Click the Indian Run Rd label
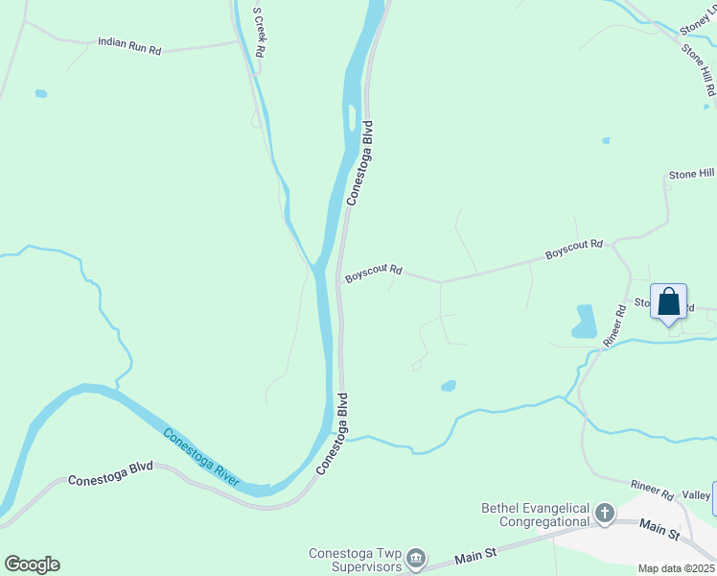tap(128, 45)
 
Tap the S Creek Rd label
tap(258, 34)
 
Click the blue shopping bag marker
tap(668, 303)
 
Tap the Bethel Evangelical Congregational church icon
tap(605, 515)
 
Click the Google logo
tap(32, 564)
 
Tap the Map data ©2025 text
tap(675, 568)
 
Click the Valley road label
tap(700, 495)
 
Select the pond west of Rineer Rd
tap(584, 322)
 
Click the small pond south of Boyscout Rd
tap(448, 386)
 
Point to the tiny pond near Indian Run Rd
tap(41, 94)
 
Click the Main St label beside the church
tap(659, 528)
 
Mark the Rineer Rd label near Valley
tap(652, 491)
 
